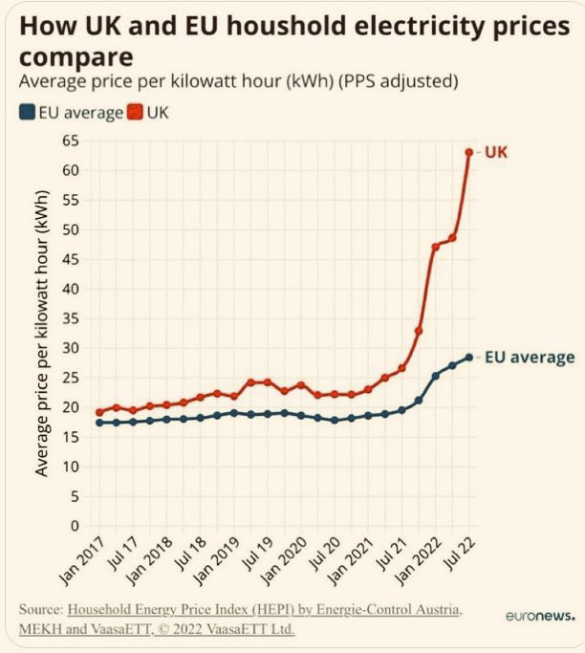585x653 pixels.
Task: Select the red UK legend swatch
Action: point(138,113)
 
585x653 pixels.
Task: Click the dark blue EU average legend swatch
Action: point(27,113)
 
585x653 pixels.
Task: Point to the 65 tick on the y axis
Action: point(69,141)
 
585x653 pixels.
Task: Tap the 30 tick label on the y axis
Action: point(69,348)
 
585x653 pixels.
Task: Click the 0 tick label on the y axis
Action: point(73,526)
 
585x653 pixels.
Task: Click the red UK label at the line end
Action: point(497,152)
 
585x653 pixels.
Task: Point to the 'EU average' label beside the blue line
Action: point(529,358)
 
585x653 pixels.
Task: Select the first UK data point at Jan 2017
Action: point(98,412)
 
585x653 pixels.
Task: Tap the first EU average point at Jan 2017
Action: point(98,423)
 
